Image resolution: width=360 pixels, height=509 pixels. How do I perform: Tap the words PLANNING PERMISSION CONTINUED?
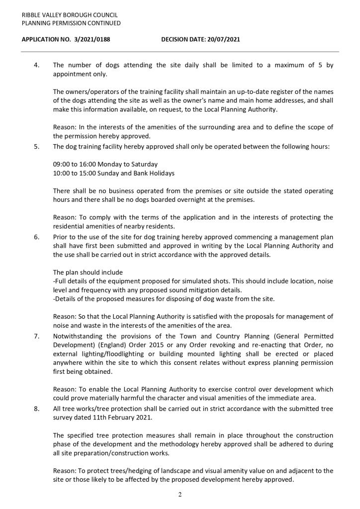(x=71, y=23)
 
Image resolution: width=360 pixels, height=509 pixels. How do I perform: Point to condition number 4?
(x=36, y=65)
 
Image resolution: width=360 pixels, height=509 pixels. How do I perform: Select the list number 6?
(x=36, y=237)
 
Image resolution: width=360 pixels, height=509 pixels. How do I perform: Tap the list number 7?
(x=36, y=336)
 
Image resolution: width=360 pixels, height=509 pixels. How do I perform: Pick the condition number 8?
(x=36, y=409)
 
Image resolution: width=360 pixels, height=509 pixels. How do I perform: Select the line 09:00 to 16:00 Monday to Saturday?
(x=105, y=164)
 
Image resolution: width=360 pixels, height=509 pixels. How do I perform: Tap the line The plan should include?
(x=88, y=272)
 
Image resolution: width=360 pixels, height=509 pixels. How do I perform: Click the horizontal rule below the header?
(x=180, y=52)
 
